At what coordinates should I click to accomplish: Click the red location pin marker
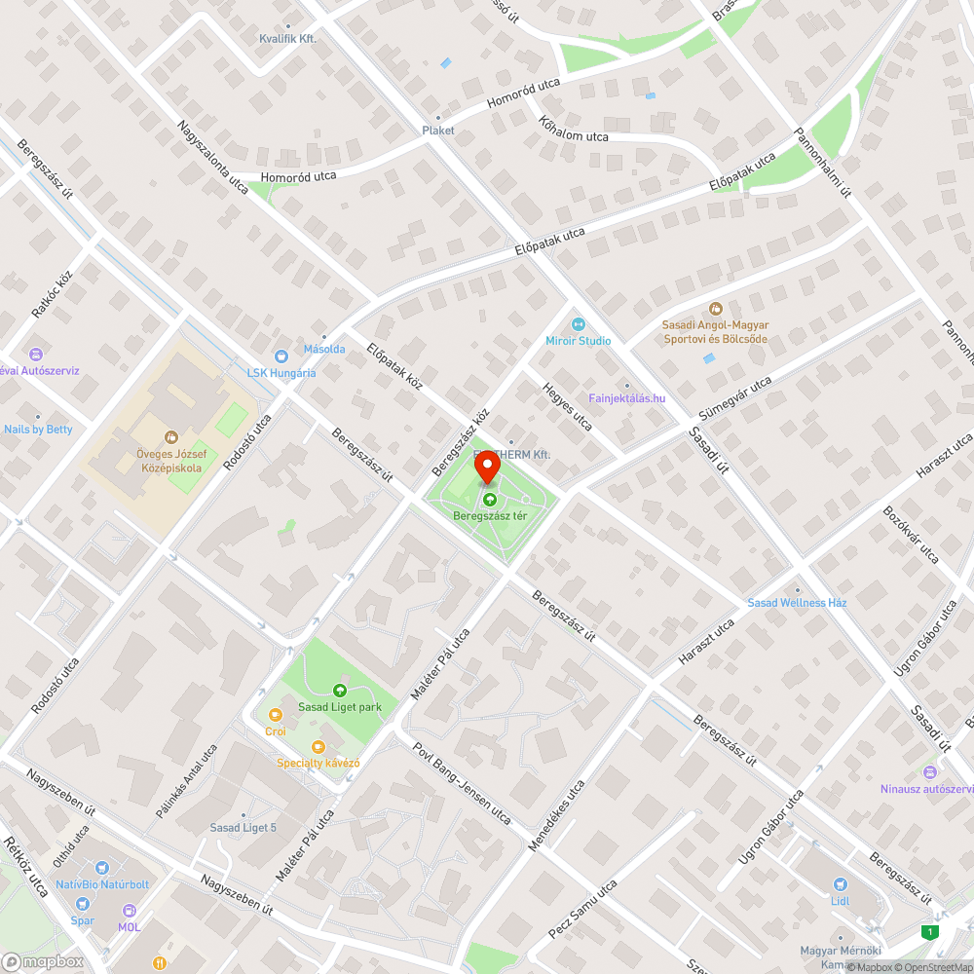point(487,469)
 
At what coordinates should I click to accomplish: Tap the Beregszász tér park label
point(490,516)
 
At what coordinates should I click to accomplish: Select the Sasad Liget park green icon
point(339,691)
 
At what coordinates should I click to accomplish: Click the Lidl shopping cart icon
point(841,884)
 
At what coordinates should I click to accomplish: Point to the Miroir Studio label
point(579,341)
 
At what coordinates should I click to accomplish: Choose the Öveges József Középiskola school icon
point(171,437)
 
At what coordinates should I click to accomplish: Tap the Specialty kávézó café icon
point(318,747)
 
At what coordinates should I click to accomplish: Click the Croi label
point(276,730)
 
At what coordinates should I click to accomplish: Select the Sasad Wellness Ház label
point(797,603)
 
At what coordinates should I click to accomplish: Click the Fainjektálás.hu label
point(626,397)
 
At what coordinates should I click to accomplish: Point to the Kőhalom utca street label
point(574,131)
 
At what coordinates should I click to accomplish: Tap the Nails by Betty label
point(38,430)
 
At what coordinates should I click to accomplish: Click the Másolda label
point(323,349)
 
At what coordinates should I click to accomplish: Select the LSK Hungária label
point(281,372)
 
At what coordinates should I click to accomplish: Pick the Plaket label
point(437,130)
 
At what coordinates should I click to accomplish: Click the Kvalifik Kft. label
point(287,38)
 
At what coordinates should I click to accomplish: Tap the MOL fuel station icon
point(129,911)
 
